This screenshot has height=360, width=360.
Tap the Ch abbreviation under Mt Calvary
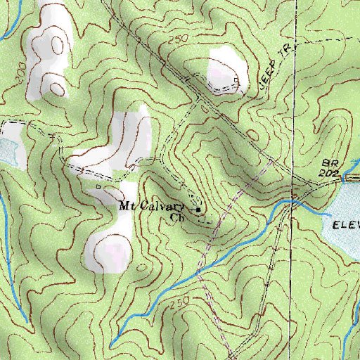coord(177,217)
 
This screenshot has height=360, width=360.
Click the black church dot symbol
coord(198,209)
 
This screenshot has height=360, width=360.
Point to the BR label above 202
coord(333,162)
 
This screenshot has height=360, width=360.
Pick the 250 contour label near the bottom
coord(180,302)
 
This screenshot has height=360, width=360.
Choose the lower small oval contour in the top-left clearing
coord(53,84)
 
